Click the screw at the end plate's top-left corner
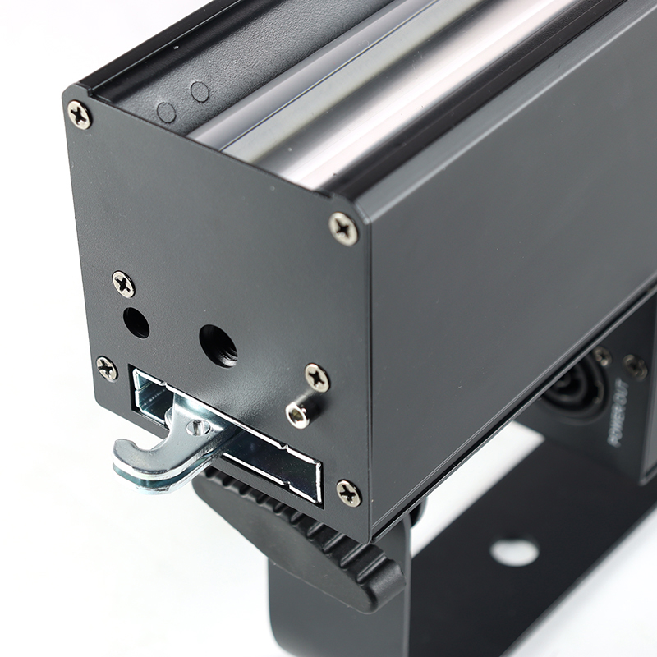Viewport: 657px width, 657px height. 79,115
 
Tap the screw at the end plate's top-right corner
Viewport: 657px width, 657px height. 343,228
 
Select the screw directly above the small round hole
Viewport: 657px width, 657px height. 124,284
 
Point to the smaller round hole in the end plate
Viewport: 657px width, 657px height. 136,323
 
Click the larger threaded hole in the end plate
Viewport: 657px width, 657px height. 218,346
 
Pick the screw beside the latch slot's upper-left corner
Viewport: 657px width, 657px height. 107,368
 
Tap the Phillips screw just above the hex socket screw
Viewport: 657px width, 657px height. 317,378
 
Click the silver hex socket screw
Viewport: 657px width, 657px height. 299,415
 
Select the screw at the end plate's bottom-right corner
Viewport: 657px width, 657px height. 348,494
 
